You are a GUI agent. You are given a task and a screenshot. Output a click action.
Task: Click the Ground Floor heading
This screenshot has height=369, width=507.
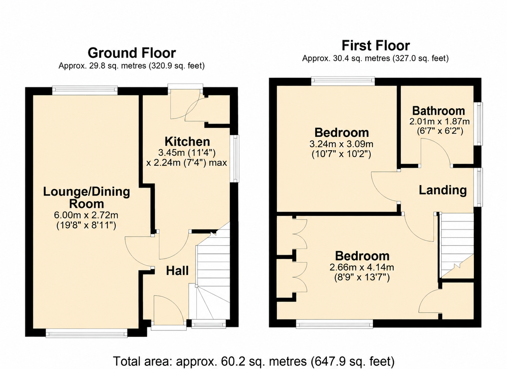click(132, 53)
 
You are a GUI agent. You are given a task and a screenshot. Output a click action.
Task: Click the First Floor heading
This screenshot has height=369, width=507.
click(376, 46)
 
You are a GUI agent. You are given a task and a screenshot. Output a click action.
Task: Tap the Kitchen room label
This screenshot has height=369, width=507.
click(187, 142)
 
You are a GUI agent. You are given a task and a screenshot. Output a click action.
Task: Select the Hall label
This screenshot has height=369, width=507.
click(177, 271)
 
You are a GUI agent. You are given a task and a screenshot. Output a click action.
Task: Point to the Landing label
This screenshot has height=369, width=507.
click(443, 190)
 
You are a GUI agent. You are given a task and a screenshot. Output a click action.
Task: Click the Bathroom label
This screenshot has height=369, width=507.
click(439, 111)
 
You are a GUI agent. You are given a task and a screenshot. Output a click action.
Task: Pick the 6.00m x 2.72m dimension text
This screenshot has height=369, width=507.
click(86, 215)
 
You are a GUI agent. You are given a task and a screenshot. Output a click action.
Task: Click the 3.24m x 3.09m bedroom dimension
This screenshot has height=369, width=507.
click(341, 144)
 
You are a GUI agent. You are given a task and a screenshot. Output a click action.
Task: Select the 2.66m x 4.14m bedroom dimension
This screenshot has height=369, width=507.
click(362, 267)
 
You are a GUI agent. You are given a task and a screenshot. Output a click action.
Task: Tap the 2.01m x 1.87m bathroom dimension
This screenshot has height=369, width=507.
click(439, 122)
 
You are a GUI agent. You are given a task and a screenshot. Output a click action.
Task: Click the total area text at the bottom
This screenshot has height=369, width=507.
click(254, 361)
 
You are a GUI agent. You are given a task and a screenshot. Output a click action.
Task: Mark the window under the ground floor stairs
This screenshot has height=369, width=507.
click(209, 323)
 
